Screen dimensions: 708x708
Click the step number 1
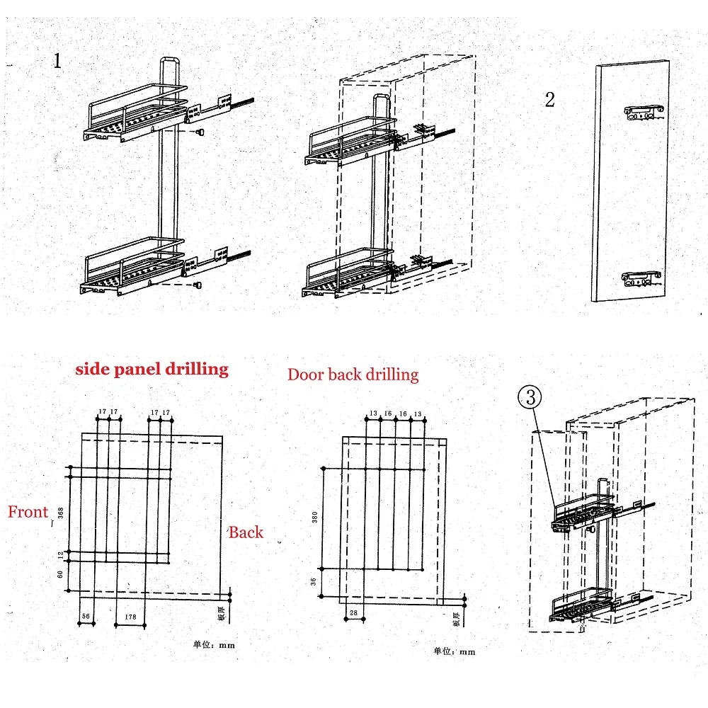point(57,61)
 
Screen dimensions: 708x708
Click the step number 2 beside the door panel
point(549,100)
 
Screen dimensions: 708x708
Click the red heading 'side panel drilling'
point(152,369)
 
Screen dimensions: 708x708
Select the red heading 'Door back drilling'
point(353,374)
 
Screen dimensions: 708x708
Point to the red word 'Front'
point(28,512)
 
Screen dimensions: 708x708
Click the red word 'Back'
point(246,533)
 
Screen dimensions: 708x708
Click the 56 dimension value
point(86,617)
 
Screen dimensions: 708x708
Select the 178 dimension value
point(130,617)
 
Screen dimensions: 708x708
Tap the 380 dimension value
point(314,518)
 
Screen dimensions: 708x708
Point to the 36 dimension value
point(314,581)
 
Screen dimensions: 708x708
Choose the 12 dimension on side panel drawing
point(60,556)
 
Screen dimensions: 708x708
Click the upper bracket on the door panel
point(644,110)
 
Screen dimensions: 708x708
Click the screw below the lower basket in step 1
point(199,285)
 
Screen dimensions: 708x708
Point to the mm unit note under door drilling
point(455,651)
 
